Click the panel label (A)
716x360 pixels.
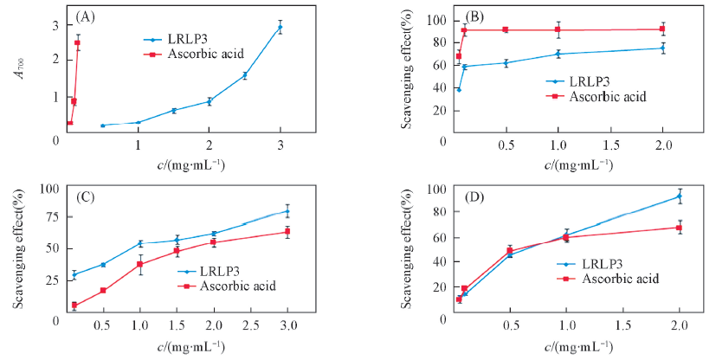[85, 16]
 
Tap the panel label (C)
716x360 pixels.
[85, 196]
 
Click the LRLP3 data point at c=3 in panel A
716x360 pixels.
[280, 28]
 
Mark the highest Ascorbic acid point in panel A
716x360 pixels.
[77, 42]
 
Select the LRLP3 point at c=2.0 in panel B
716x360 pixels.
[662, 48]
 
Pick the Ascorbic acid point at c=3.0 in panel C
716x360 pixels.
[287, 232]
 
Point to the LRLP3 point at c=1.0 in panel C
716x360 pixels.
[139, 244]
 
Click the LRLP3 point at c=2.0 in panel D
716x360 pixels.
[680, 196]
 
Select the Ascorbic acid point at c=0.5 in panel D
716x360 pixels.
[510, 251]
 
